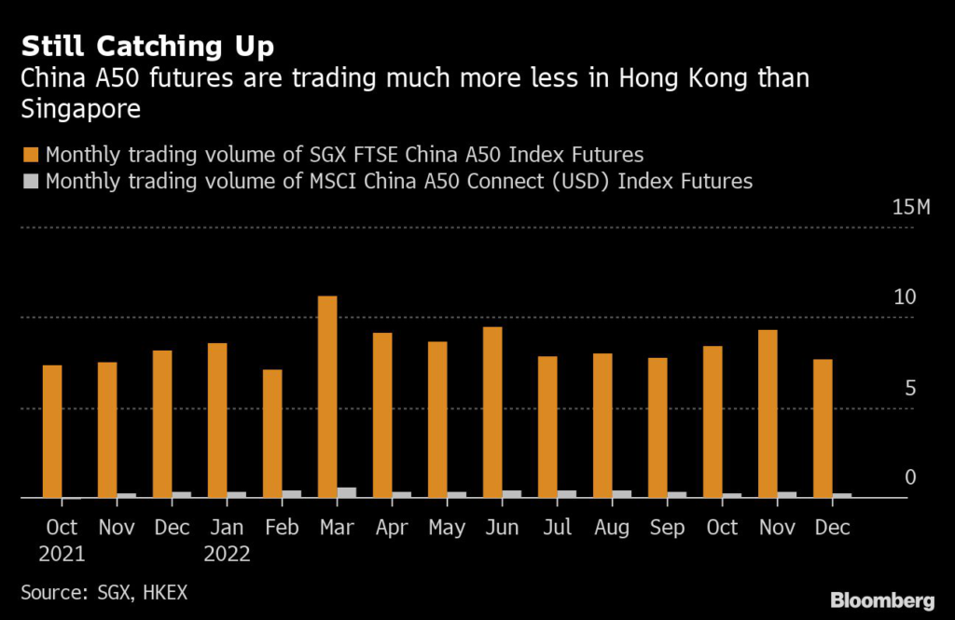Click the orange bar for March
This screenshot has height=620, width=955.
click(x=327, y=396)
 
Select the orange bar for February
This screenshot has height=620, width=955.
click(x=272, y=434)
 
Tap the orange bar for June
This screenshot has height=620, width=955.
click(x=492, y=412)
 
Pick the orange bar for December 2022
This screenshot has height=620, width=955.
click(x=823, y=428)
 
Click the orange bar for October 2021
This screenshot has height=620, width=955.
click(x=52, y=431)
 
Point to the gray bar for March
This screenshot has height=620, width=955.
click(x=347, y=492)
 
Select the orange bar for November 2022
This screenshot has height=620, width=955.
click(x=768, y=413)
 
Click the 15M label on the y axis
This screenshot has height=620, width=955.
click(x=911, y=207)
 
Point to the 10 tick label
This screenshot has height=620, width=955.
click(x=906, y=297)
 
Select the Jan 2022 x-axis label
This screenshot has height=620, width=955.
click(x=227, y=541)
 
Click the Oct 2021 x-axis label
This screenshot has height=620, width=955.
click(x=62, y=541)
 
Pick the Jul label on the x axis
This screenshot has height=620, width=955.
click(x=557, y=528)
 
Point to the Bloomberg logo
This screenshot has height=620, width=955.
click(x=882, y=599)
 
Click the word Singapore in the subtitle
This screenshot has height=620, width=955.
click(x=80, y=110)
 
